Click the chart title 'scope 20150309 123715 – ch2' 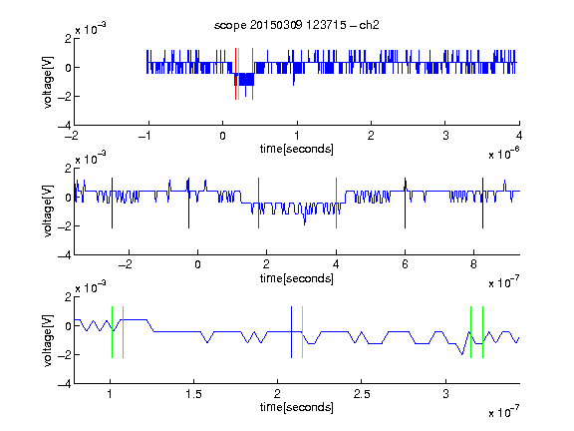(x=297, y=25)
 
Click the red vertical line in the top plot (x=235, y=74)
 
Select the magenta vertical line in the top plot (x=252, y=74)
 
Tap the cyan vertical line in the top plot (x=239, y=74)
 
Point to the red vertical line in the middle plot (x=258, y=204)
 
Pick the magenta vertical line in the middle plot (x=336, y=204)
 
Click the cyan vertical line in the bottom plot (x=302, y=332)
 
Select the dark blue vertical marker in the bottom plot (x=291, y=332)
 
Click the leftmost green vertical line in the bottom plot (x=112, y=332)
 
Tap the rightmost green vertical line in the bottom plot (x=483, y=332)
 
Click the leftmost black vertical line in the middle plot (x=112, y=204)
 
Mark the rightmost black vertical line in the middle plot (x=482, y=204)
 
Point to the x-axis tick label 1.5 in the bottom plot (x=193, y=394)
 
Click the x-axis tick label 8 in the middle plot (x=473, y=264)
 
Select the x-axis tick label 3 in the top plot (x=445, y=136)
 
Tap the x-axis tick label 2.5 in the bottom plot (x=362, y=394)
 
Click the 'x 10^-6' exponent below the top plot (x=504, y=154)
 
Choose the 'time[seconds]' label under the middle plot (x=297, y=279)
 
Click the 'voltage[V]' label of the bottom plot (x=48, y=340)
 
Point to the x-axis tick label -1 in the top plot (x=145, y=136)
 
